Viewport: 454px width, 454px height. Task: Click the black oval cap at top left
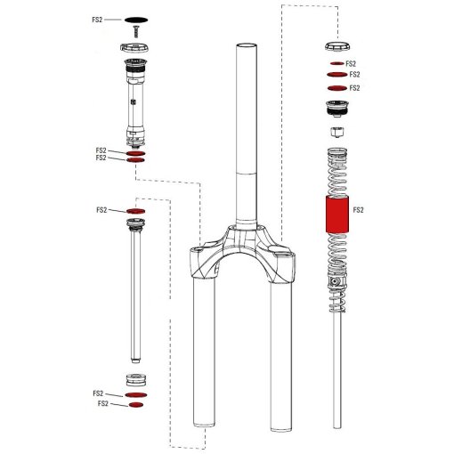click(x=136, y=18)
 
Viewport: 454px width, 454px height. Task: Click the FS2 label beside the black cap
click(x=99, y=18)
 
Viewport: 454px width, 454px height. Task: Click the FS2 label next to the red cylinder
click(x=360, y=211)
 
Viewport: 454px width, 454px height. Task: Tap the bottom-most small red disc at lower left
click(x=136, y=404)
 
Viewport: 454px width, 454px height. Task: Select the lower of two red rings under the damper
click(x=136, y=161)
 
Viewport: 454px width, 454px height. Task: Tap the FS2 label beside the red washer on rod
click(x=101, y=210)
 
